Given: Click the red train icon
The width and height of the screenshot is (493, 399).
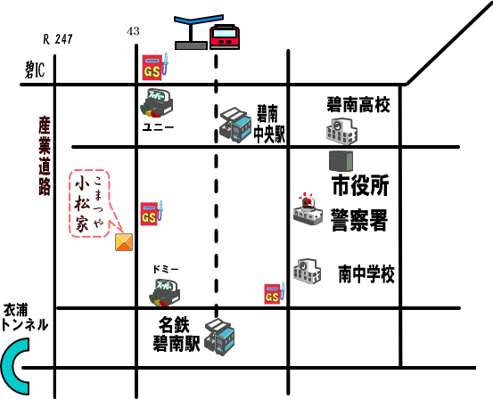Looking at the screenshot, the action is [x=225, y=37].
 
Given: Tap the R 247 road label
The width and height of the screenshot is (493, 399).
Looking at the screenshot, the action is [x=58, y=39].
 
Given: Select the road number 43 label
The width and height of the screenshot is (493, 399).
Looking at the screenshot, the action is [x=133, y=31].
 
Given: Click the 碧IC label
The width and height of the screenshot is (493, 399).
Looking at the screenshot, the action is [x=35, y=69].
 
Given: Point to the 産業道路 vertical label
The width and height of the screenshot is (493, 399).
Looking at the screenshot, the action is [x=45, y=156].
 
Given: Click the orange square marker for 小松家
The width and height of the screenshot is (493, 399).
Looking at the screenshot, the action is [x=124, y=242].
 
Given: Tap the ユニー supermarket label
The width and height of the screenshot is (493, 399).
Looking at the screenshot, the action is [x=158, y=127].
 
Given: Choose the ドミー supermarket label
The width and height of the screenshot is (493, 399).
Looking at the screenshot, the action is [x=166, y=269].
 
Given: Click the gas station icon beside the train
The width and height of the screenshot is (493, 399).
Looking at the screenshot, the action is [x=155, y=67].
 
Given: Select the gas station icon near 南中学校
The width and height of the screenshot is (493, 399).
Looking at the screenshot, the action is [x=275, y=294].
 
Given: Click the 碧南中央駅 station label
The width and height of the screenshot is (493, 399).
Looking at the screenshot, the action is [x=269, y=125].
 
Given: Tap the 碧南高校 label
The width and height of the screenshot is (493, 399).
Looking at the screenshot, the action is [x=358, y=104].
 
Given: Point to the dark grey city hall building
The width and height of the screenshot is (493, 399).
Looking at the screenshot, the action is [x=341, y=161].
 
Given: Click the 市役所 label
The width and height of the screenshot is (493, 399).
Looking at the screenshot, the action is [x=361, y=184].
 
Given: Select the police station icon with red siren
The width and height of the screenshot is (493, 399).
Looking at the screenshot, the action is [x=308, y=209].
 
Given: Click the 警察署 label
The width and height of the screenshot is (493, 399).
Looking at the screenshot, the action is [x=359, y=221].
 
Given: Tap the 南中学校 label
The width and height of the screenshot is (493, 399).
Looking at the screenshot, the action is [x=366, y=273].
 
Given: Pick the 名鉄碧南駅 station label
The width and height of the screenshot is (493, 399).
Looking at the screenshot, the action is [x=177, y=334].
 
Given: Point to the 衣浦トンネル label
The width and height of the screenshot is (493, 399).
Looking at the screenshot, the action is [x=25, y=317].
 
